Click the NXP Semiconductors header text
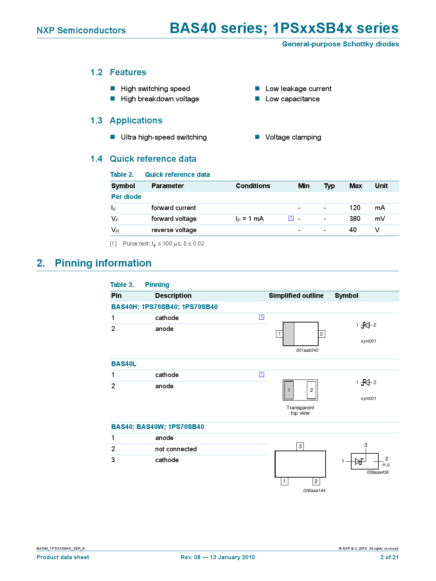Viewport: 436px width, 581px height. [x=81, y=31]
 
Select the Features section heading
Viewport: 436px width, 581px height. [x=128, y=72]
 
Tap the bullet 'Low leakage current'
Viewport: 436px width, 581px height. [x=298, y=89]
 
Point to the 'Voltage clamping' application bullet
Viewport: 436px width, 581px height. [x=293, y=137]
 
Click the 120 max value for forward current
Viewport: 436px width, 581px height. [x=355, y=208]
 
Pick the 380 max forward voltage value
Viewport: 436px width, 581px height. [x=355, y=219]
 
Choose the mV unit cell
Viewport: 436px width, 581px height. [x=380, y=219]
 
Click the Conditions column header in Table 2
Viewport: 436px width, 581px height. [x=253, y=186]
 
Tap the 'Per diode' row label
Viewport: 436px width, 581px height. [x=126, y=197]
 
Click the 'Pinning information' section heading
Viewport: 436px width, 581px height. [x=103, y=263]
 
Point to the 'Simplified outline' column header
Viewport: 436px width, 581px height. [x=296, y=296]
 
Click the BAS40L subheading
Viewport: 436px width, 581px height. [x=124, y=364]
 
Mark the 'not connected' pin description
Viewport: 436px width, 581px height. [x=176, y=449]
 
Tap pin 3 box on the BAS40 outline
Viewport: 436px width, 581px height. [x=300, y=447]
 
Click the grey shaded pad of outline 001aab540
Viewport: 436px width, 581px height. [x=289, y=334]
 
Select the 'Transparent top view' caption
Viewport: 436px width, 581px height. [x=300, y=410]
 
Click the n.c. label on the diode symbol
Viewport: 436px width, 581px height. [x=386, y=465]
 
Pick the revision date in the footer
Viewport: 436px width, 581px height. [x=218, y=557]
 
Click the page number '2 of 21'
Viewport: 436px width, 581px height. [x=389, y=557]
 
